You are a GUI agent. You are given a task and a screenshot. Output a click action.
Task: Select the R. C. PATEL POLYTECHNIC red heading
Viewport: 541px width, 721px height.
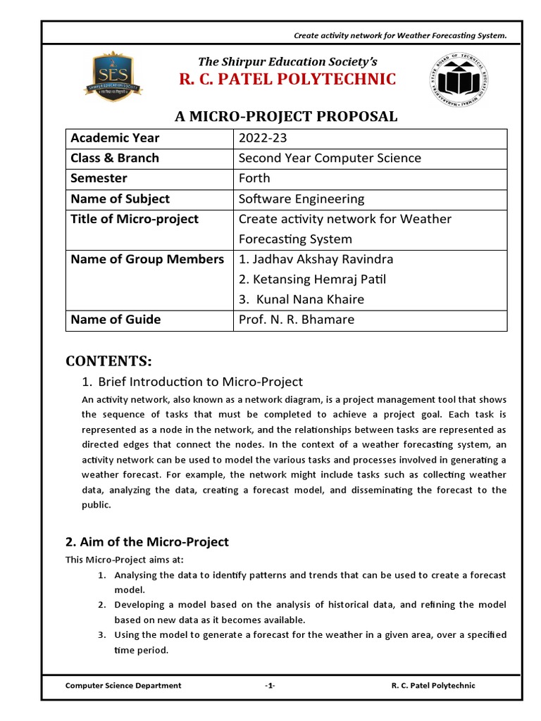(x=287, y=79)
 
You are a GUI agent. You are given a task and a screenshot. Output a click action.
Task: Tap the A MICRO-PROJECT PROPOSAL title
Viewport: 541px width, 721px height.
(x=286, y=116)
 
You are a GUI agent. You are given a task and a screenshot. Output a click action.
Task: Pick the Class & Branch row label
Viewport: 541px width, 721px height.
(x=115, y=158)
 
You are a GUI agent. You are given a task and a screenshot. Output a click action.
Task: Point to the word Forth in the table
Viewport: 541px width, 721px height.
(x=254, y=178)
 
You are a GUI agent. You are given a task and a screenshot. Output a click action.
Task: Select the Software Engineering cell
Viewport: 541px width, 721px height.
(x=301, y=199)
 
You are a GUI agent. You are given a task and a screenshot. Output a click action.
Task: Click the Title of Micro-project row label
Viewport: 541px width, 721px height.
(x=135, y=219)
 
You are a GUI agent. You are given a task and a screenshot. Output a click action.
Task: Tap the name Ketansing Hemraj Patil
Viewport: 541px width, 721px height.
(x=313, y=280)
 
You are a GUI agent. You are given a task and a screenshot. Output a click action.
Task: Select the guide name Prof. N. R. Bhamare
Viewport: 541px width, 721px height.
(x=297, y=320)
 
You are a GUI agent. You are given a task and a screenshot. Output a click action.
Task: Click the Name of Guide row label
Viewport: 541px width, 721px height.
(x=116, y=320)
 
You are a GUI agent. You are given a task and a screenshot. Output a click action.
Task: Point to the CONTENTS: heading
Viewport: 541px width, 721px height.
(x=108, y=361)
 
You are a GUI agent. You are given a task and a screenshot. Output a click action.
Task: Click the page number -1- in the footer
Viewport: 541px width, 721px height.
(x=270, y=685)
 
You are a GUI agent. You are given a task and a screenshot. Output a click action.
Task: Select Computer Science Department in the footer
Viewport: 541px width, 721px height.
(x=123, y=685)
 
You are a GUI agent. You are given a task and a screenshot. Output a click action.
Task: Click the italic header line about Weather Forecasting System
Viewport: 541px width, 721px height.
(x=400, y=36)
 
